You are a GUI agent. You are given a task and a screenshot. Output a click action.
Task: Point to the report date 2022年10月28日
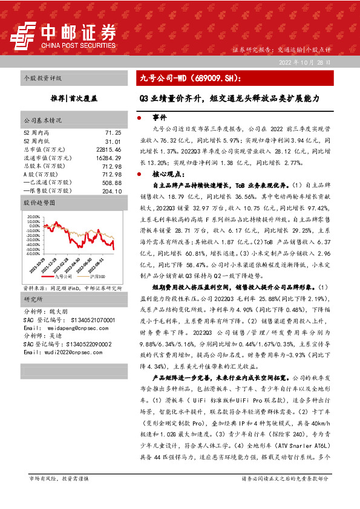[x=304, y=62]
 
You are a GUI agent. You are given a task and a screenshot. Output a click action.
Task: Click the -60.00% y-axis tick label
[x=34, y=254]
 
